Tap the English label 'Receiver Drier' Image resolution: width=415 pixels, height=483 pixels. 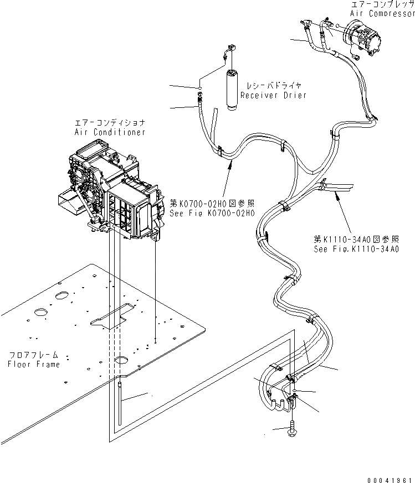(273, 95)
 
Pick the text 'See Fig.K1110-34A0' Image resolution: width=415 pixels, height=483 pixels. (356, 249)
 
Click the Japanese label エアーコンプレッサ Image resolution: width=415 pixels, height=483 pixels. (383, 4)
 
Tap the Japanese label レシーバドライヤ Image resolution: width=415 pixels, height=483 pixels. (274, 86)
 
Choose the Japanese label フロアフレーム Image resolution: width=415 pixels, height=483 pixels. (34, 355)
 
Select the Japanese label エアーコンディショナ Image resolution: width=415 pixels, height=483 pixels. (110, 122)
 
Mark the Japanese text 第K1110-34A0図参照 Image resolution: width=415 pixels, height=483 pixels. (357, 239)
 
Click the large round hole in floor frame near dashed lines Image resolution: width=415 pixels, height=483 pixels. (121, 361)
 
